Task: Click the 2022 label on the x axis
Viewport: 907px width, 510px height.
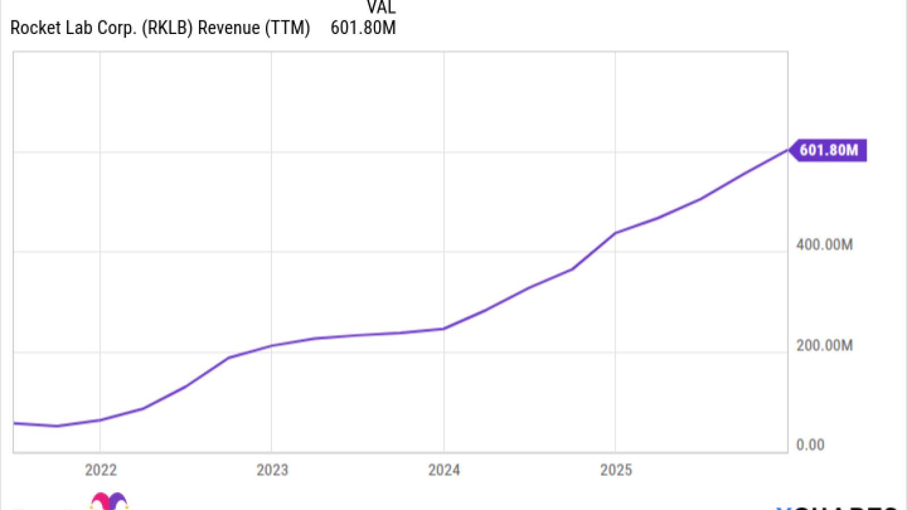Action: pyautogui.click(x=101, y=470)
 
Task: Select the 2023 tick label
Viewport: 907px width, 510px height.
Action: pyautogui.click(x=272, y=470)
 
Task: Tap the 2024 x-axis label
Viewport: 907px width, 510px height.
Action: pyautogui.click(x=444, y=470)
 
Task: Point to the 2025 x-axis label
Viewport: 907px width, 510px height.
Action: pyautogui.click(x=616, y=470)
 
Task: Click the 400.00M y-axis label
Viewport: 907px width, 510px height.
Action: pyautogui.click(x=824, y=245)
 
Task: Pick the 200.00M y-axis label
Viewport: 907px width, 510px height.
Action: pyautogui.click(x=824, y=345)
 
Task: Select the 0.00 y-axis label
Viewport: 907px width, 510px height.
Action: pyautogui.click(x=810, y=445)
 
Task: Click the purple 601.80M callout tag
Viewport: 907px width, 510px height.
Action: pyautogui.click(x=828, y=150)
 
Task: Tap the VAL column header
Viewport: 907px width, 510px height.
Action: pyautogui.click(x=381, y=7)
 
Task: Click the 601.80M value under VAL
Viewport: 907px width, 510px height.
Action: pyautogui.click(x=363, y=28)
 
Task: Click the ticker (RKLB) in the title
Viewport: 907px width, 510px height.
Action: pyautogui.click(x=167, y=28)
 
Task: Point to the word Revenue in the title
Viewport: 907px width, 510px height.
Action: pyautogui.click(x=228, y=28)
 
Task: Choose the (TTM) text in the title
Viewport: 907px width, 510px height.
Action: pyautogui.click(x=287, y=28)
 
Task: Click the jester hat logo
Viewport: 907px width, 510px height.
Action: pyautogui.click(x=109, y=502)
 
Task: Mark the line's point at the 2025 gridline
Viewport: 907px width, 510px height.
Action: pyautogui.click(x=616, y=233)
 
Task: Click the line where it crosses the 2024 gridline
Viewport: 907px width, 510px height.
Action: pyautogui.click(x=444, y=329)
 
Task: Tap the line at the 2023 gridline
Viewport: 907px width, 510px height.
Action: pyautogui.click(x=272, y=345)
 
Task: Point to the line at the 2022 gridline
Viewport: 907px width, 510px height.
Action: pyautogui.click(x=100, y=420)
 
